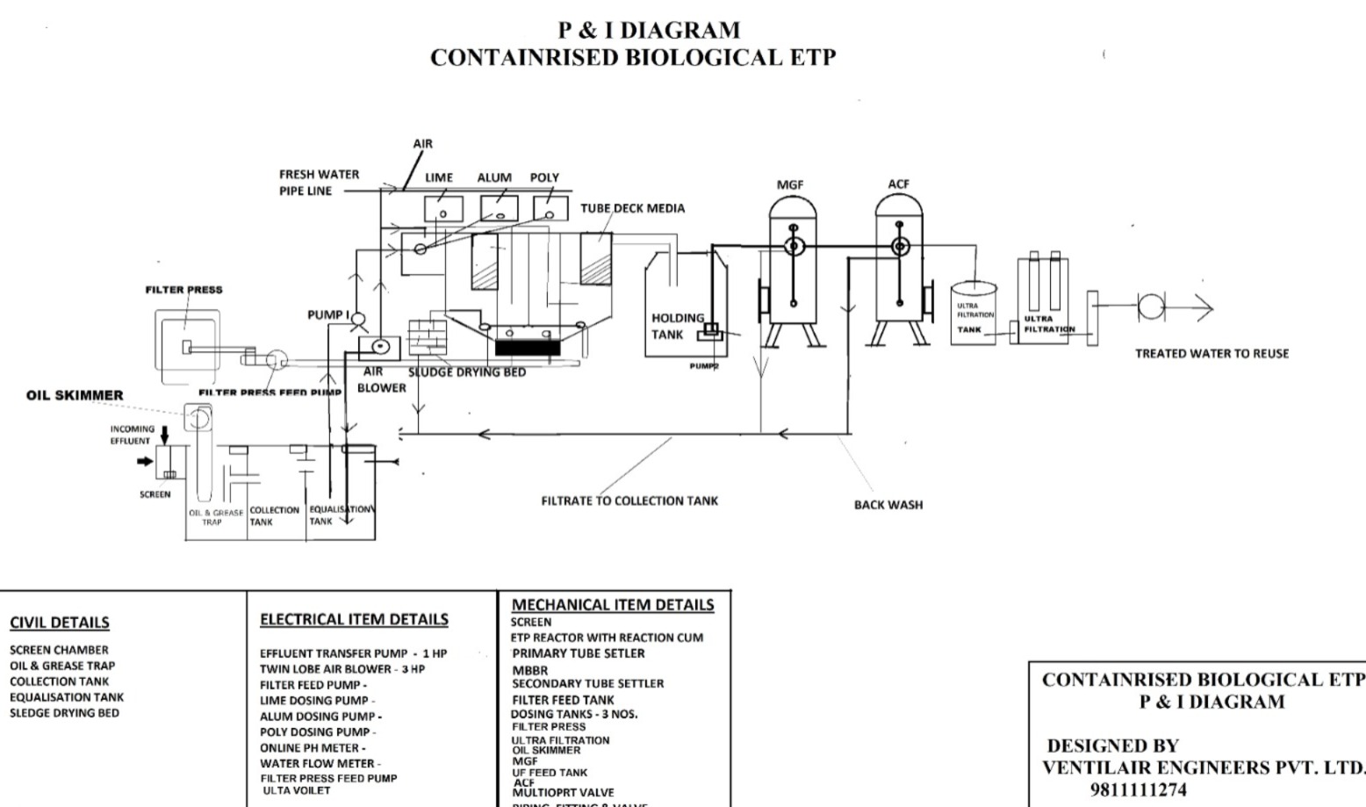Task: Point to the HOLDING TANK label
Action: tap(678, 326)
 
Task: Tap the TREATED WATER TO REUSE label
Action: tap(1211, 354)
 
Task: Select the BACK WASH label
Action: tap(888, 505)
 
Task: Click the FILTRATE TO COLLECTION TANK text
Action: tap(629, 501)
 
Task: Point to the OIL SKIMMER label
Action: tap(75, 395)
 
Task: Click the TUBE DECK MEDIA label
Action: tap(632, 208)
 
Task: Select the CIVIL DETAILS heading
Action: tap(60, 623)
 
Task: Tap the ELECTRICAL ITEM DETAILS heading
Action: tap(354, 619)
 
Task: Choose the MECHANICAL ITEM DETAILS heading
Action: tap(613, 604)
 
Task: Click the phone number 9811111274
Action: tap(1138, 790)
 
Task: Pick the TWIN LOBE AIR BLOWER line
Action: tap(342, 669)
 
